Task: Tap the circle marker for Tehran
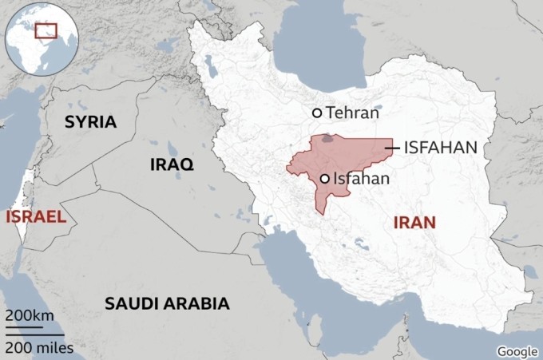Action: click(x=317, y=113)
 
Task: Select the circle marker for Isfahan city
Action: click(x=325, y=179)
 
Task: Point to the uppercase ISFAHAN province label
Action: click(x=441, y=148)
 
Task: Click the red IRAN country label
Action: click(x=414, y=223)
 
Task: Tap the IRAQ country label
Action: click(x=172, y=165)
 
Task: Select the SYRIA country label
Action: click(x=90, y=122)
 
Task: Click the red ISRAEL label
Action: click(x=35, y=216)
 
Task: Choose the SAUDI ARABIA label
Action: click(x=167, y=303)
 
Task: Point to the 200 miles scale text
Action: click(x=39, y=348)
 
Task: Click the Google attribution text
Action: click(x=517, y=351)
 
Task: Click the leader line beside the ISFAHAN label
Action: click(x=391, y=148)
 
